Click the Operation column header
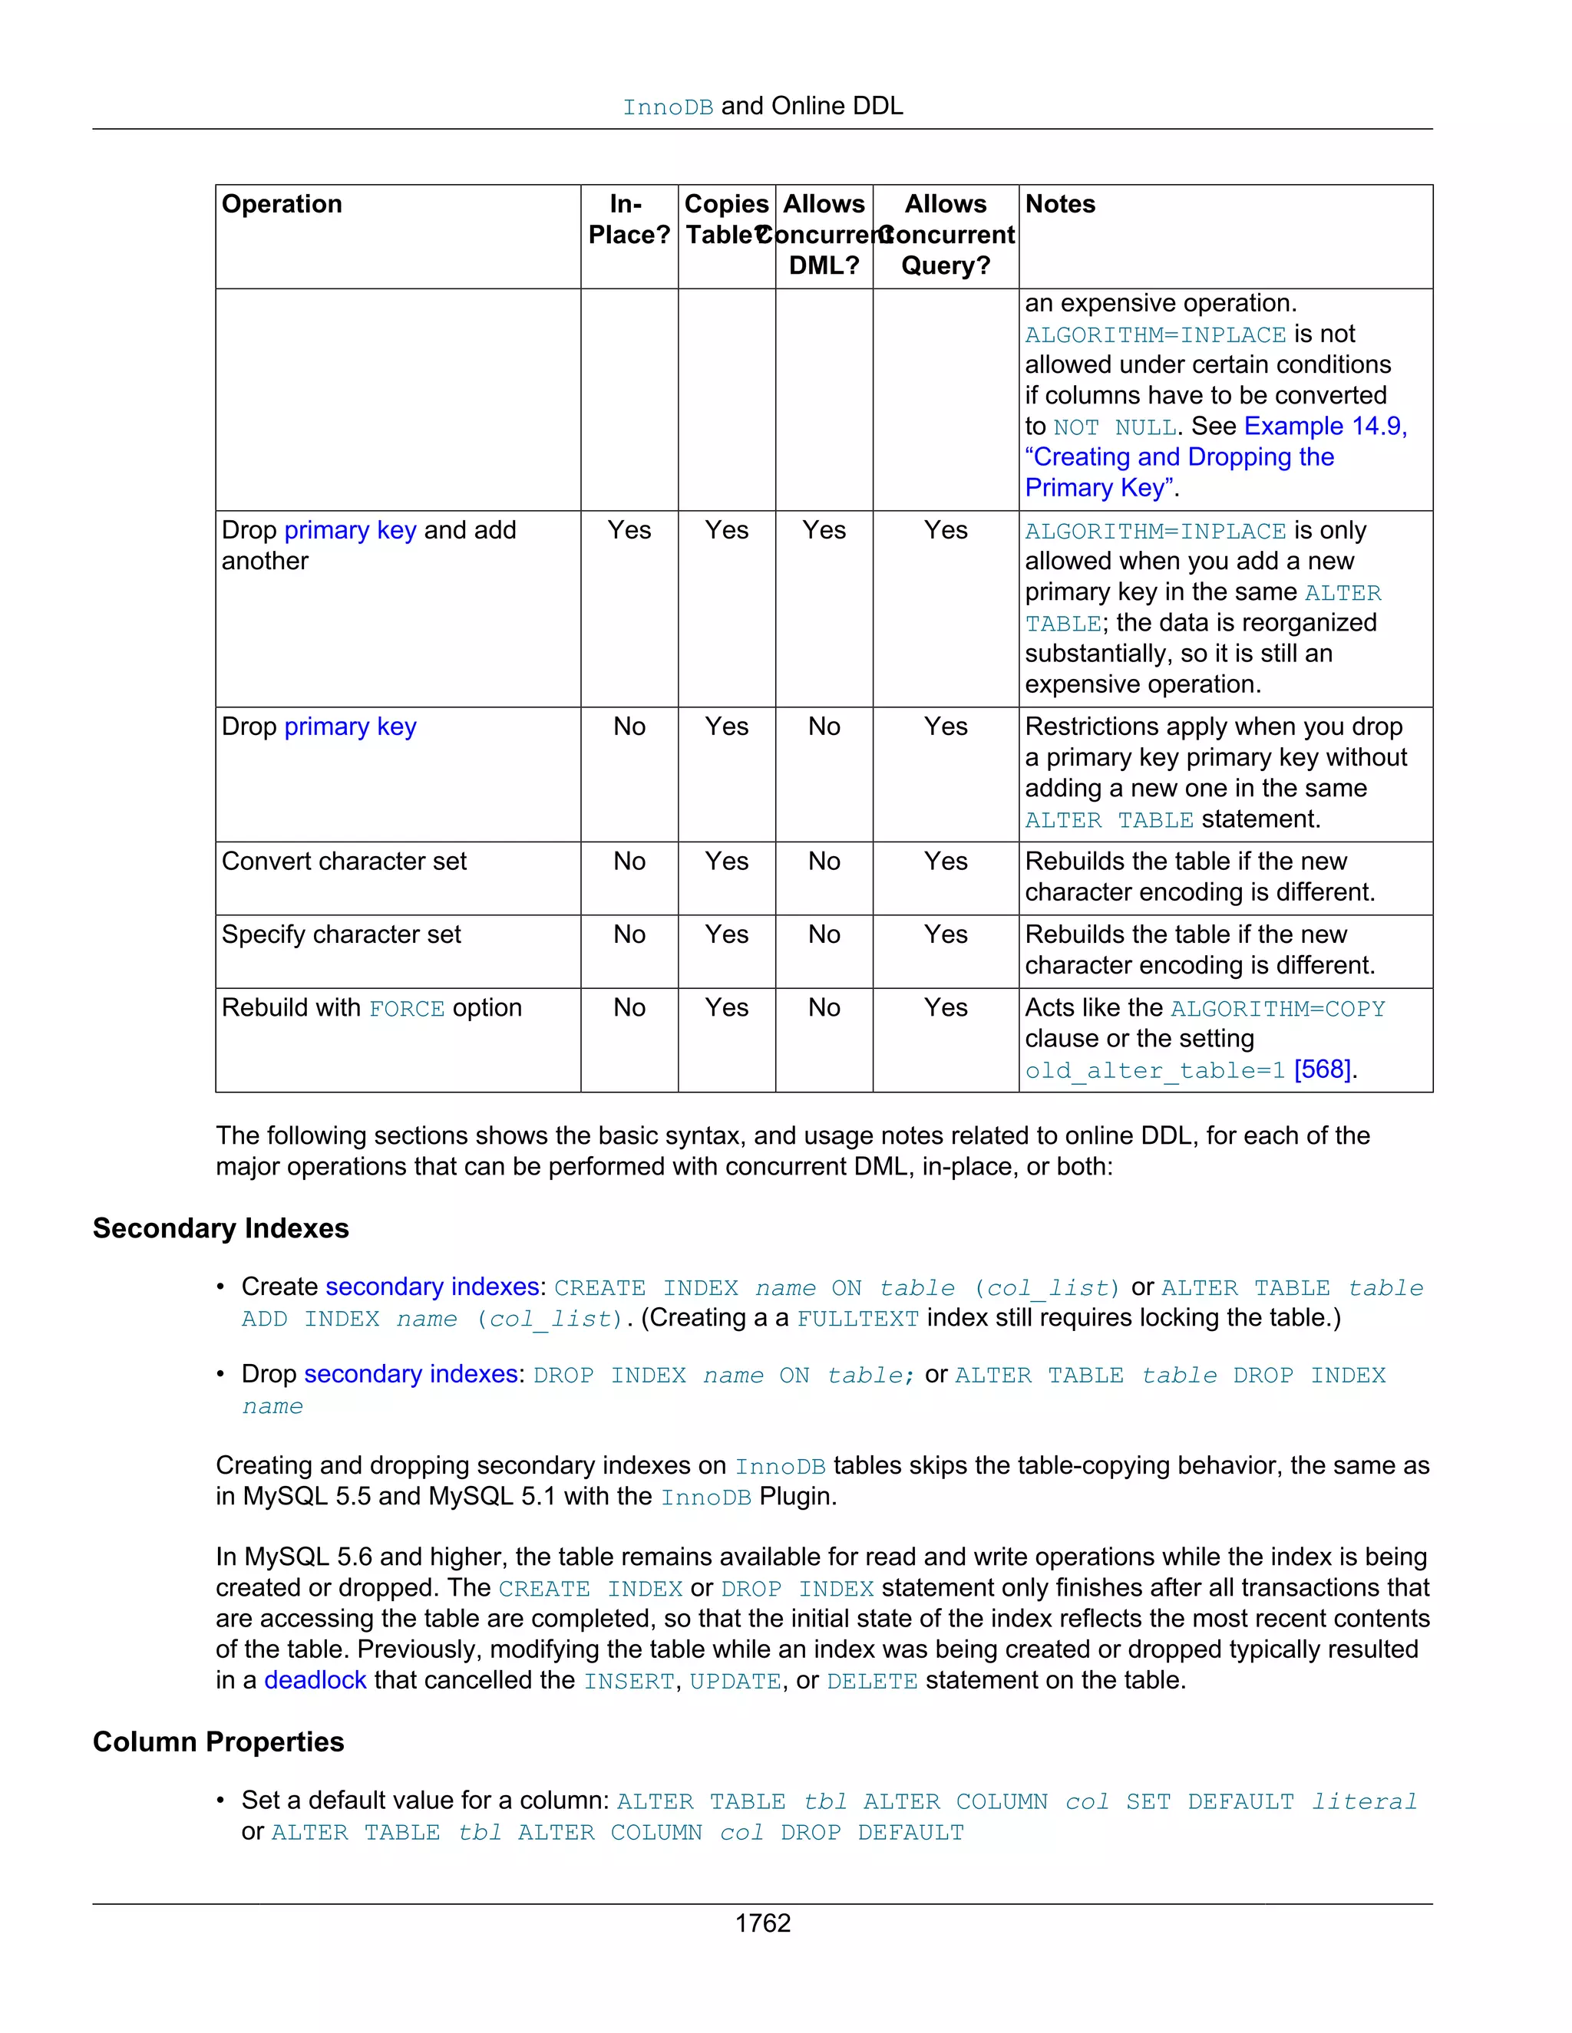[x=281, y=204]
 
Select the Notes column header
[x=1060, y=204]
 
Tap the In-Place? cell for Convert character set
[x=629, y=861]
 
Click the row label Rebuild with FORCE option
[x=371, y=1008]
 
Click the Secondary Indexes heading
[x=221, y=1229]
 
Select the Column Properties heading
[x=218, y=1741]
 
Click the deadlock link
[x=315, y=1680]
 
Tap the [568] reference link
[x=1322, y=1069]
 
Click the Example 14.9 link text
[x=1324, y=427]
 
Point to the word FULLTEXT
[x=857, y=1319]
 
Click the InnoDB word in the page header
[x=668, y=107]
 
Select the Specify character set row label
[x=341, y=934]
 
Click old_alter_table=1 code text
[x=1154, y=1070]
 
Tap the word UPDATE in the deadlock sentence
[x=735, y=1681]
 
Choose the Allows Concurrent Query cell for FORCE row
[x=945, y=1008]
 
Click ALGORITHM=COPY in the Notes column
[x=1278, y=1009]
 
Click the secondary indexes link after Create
[x=432, y=1287]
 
